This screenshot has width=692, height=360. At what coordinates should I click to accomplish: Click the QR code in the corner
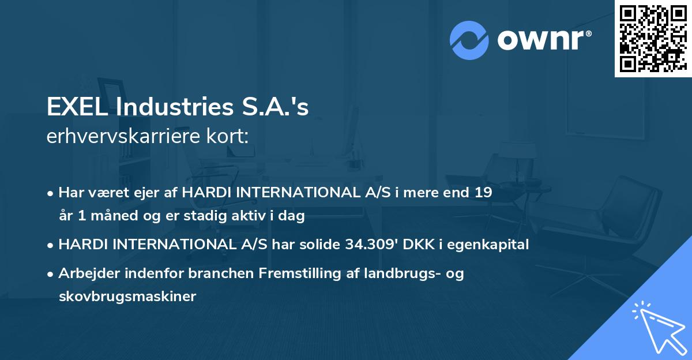point(653,39)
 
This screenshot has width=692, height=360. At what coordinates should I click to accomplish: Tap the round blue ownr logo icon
point(469,40)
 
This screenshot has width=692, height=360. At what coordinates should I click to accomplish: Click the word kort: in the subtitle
point(229,137)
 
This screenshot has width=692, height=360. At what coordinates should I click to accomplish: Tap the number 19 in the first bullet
point(483,193)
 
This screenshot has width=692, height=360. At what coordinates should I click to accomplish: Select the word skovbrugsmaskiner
point(127,297)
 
